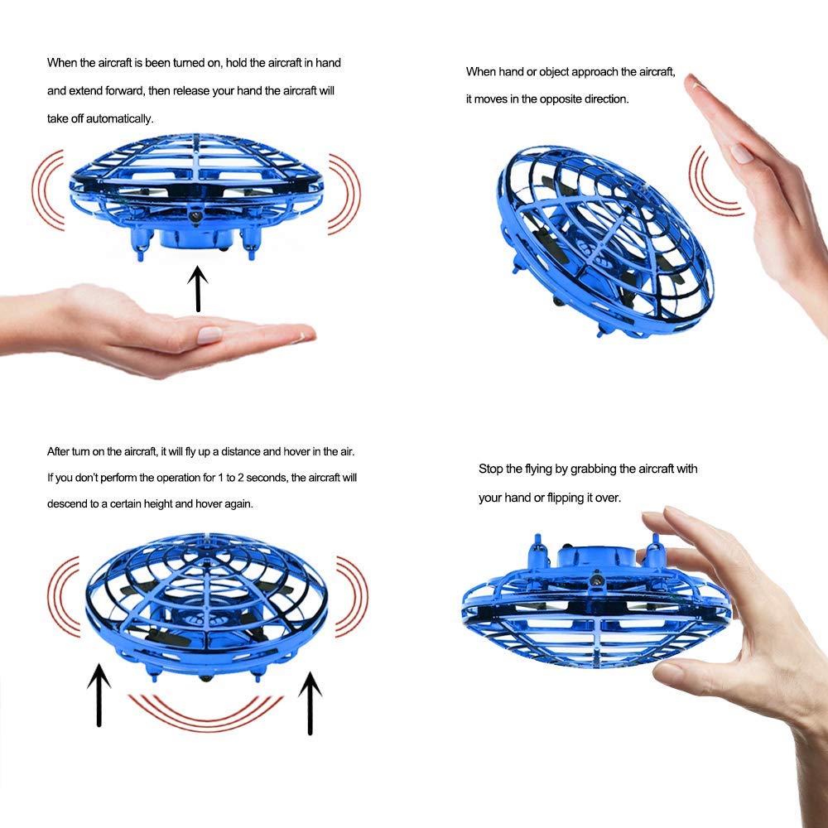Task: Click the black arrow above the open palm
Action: [198, 288]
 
